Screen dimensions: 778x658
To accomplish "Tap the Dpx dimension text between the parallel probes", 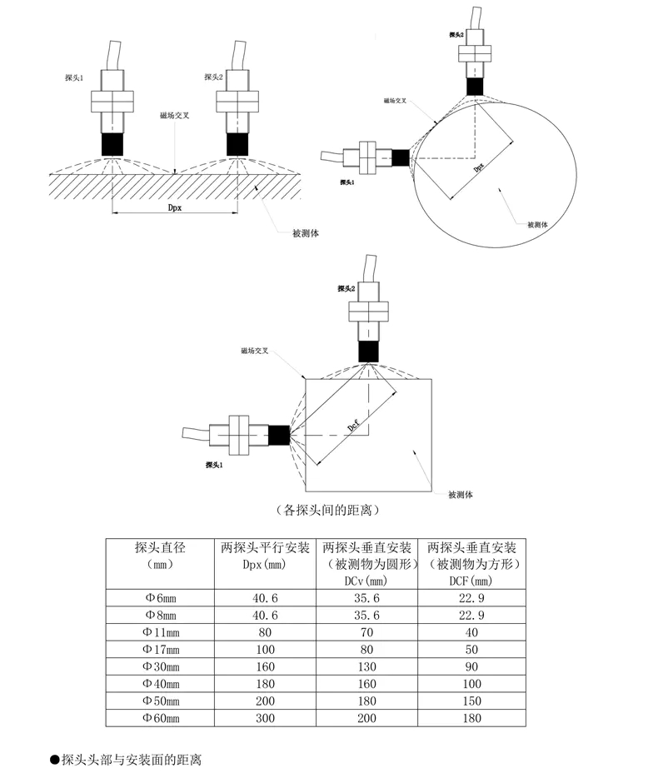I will [174, 208].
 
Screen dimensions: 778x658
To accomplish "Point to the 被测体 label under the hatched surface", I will [306, 233].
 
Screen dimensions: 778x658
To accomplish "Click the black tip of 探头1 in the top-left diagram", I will [112, 143].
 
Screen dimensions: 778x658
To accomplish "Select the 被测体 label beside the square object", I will [460, 494].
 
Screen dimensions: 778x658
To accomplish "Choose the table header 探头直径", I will [159, 547].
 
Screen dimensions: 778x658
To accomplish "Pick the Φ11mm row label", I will [159, 632].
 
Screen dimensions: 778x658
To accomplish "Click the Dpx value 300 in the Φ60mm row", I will [265, 716].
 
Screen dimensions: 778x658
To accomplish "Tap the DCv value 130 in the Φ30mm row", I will [366, 666].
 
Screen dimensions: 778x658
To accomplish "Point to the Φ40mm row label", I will [159, 683].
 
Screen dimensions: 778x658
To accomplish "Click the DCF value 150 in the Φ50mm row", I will [471, 700].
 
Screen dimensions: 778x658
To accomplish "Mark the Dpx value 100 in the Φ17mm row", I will [265, 649].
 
